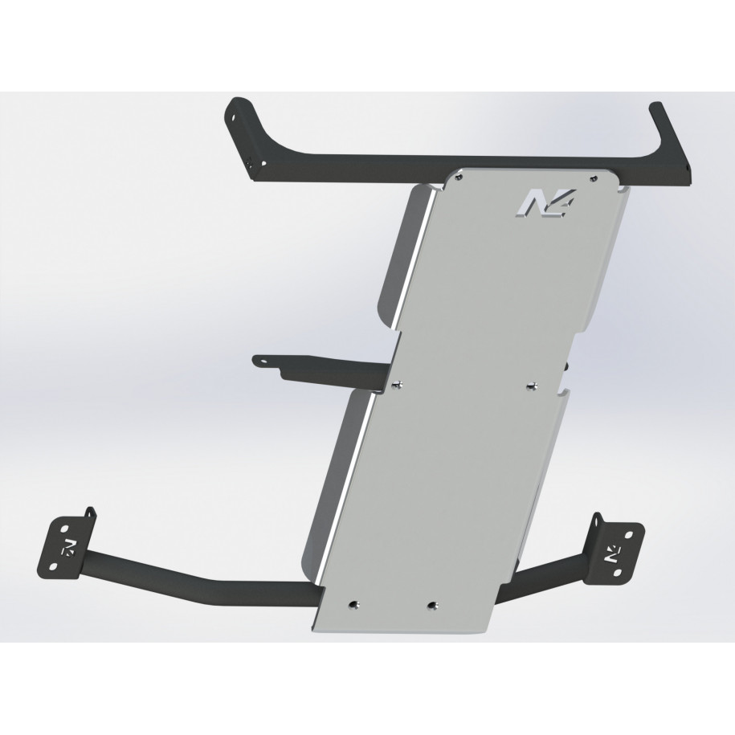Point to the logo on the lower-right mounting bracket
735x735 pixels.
[613, 553]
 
